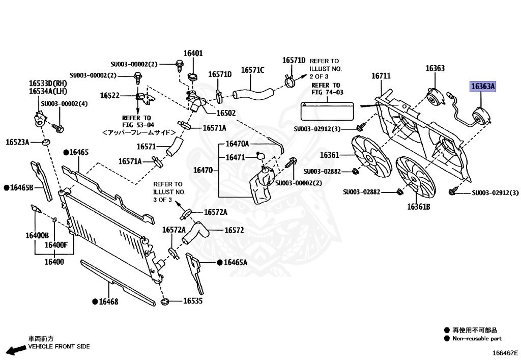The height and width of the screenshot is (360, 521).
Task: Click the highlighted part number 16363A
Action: [x=483, y=87]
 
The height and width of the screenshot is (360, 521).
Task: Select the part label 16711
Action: [x=381, y=76]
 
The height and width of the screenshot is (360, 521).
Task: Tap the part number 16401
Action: [x=193, y=53]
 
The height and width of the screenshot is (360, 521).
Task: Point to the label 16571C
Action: [x=253, y=70]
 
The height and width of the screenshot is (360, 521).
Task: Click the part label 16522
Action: [x=109, y=95]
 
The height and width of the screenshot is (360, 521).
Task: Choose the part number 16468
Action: [x=108, y=301]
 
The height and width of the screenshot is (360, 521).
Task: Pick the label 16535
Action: [x=193, y=301]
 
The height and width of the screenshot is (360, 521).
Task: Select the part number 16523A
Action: [x=17, y=142]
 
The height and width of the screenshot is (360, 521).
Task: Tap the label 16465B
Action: [x=22, y=188]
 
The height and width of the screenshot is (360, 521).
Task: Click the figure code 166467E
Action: [x=504, y=352]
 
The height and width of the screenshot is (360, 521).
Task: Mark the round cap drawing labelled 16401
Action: [x=193, y=77]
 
